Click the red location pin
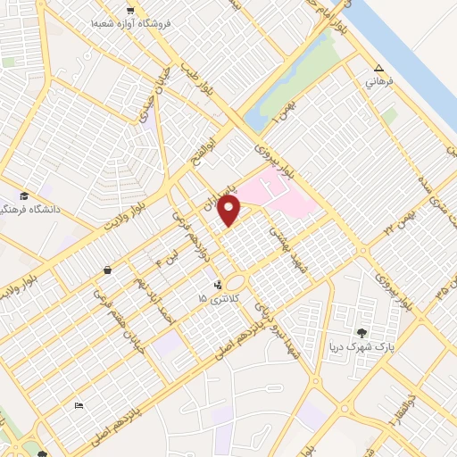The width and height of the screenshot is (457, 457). click(x=229, y=211)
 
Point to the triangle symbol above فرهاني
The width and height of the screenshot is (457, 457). click(x=378, y=68)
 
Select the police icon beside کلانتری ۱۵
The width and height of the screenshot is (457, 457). click(x=217, y=286)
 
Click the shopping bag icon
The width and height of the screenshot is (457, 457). click(x=108, y=270)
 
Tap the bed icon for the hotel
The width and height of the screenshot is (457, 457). click(x=79, y=406)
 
